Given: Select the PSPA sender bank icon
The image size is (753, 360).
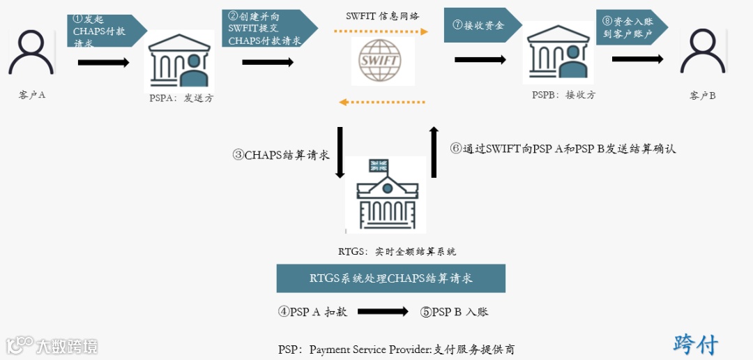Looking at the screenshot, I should coord(181,61).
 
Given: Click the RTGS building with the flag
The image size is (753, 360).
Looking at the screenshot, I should coord(386,195).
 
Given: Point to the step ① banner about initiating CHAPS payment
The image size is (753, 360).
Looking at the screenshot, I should coord(105,31).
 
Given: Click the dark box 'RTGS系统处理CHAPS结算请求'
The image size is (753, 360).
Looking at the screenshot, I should coord(390,278).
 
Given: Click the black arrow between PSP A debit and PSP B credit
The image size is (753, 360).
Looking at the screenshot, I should coord(383,312).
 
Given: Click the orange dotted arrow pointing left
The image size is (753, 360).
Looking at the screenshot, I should coord(381,103).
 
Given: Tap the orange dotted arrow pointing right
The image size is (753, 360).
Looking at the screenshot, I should coord(381,31).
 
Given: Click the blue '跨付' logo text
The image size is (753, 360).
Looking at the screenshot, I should coord(695,343).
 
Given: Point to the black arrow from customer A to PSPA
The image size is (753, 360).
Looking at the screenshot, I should coord(103,63).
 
